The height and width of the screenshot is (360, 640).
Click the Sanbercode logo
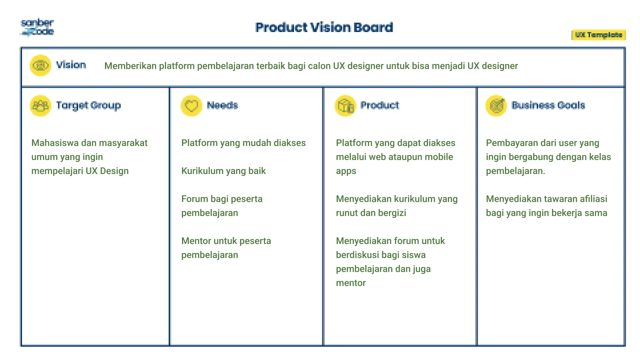coord(37,27)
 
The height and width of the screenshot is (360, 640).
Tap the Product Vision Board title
coord(324,27)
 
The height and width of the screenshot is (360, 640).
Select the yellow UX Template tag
coord(599,35)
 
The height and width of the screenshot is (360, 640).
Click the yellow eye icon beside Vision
coord(40,65)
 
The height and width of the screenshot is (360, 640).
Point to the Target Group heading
coord(88,105)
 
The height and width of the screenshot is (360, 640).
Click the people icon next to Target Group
coord(40,106)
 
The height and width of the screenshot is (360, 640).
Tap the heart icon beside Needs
coord(191,106)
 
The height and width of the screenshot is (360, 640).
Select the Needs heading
coord(222,105)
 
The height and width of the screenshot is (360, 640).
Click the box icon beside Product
coord(345,106)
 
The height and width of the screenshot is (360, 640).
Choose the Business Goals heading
coord(548,105)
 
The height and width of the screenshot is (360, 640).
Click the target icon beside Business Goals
coord(496,106)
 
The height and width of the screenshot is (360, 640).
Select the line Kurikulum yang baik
coord(223,171)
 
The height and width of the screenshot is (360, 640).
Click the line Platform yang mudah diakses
coord(243,143)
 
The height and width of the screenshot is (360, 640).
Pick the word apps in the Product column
coord(346,171)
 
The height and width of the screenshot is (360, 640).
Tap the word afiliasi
coord(593,199)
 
